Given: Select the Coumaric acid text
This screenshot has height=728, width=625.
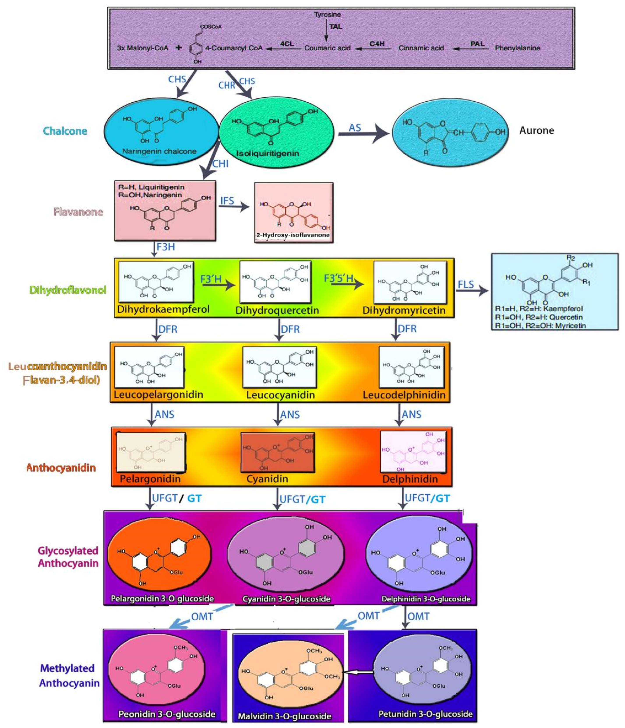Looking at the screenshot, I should click(x=327, y=48).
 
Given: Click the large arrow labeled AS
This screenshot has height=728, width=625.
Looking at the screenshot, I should click(x=363, y=133).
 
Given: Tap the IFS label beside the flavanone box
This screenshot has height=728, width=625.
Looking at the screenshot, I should click(x=227, y=201).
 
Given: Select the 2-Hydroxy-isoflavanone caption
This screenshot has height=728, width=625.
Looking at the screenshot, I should click(x=293, y=235).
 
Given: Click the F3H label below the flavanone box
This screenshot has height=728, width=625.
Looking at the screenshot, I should click(x=165, y=247).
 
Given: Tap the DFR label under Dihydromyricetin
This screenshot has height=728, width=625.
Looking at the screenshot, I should click(x=407, y=329).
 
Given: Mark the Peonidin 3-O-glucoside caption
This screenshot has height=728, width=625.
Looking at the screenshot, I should click(x=167, y=714).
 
